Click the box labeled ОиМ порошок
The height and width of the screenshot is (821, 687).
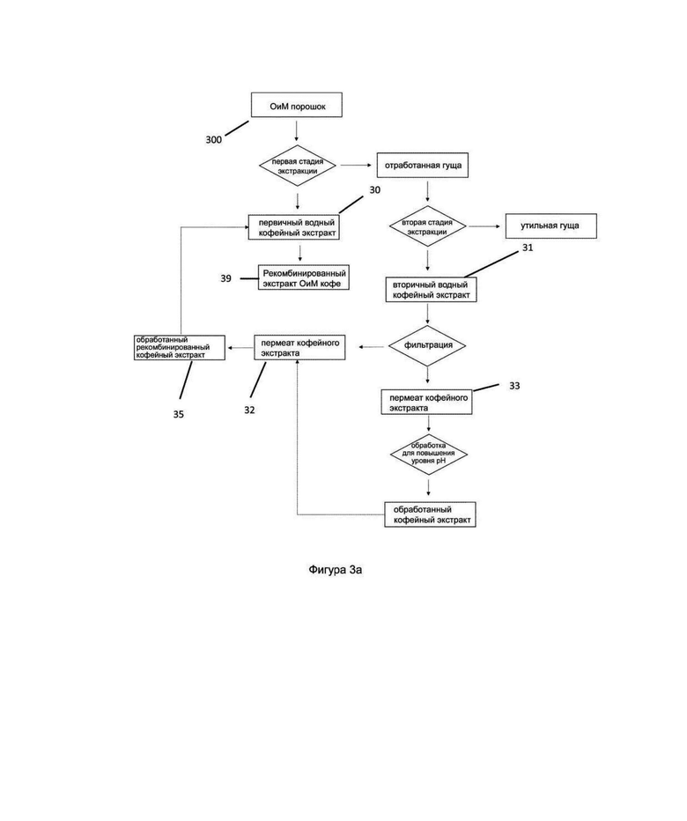click(296, 105)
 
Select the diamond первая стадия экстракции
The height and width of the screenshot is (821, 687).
click(298, 166)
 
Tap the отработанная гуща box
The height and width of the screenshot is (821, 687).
click(423, 166)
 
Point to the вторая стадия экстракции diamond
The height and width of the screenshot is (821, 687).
click(428, 226)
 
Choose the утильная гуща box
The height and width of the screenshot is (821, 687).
click(550, 226)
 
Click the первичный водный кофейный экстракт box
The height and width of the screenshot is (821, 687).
click(294, 227)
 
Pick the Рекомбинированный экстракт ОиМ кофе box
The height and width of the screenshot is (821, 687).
click(304, 277)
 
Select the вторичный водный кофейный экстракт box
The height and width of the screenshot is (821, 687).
click(431, 290)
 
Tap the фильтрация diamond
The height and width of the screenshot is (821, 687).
click(428, 345)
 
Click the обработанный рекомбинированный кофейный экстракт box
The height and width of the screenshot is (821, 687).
click(180, 347)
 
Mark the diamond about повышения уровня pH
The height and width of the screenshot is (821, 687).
click(429, 454)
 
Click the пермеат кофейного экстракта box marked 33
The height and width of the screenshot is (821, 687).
click(427, 402)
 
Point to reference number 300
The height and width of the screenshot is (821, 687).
click(213, 140)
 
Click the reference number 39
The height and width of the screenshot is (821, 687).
click(225, 278)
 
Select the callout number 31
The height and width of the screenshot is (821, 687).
click(528, 248)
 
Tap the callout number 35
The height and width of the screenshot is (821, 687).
click(179, 414)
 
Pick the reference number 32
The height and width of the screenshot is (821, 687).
click(249, 410)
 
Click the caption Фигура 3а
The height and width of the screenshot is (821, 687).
click(335, 570)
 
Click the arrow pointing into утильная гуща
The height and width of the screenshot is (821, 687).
click(485, 226)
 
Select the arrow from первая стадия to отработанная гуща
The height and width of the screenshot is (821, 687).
click(356, 166)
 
